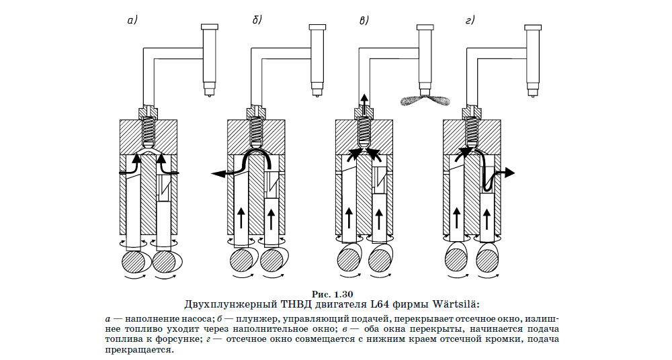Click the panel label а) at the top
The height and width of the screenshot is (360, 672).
point(132,20)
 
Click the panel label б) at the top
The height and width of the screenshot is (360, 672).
point(256,20)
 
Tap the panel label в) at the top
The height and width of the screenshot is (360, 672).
point(364,20)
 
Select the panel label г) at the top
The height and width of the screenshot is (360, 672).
point(470,20)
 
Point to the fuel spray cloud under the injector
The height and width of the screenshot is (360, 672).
point(423,101)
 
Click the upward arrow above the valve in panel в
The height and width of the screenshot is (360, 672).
point(364,101)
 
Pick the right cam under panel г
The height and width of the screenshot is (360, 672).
point(487,260)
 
